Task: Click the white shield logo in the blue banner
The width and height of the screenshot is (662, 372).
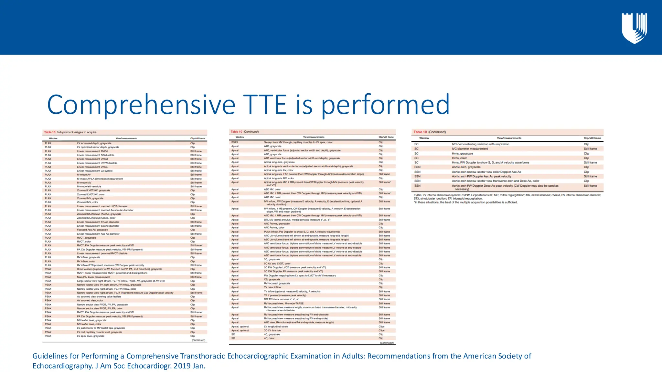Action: point(634,28)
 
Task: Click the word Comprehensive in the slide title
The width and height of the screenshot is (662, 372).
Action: point(141,104)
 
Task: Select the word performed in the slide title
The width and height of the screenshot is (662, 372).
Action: point(385,104)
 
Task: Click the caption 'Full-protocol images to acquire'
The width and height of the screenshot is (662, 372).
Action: point(77,132)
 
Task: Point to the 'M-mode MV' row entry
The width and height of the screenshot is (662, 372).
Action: point(84,182)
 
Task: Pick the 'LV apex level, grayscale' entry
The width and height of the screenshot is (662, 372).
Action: point(91,336)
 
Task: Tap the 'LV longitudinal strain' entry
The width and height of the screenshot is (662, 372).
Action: point(276,326)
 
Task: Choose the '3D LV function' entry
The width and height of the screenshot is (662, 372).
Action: point(272,330)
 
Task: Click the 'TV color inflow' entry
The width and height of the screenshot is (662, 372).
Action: point(272,287)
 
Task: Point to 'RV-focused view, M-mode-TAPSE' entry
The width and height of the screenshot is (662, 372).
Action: point(284,303)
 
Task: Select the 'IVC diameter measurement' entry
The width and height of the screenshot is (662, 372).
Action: point(470,149)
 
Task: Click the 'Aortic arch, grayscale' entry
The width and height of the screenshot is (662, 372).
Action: point(466,167)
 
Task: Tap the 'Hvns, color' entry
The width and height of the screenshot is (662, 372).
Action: point(459,158)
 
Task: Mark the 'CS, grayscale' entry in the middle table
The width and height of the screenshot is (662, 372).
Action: point(272,279)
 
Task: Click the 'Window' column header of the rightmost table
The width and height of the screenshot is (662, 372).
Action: point(424,138)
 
